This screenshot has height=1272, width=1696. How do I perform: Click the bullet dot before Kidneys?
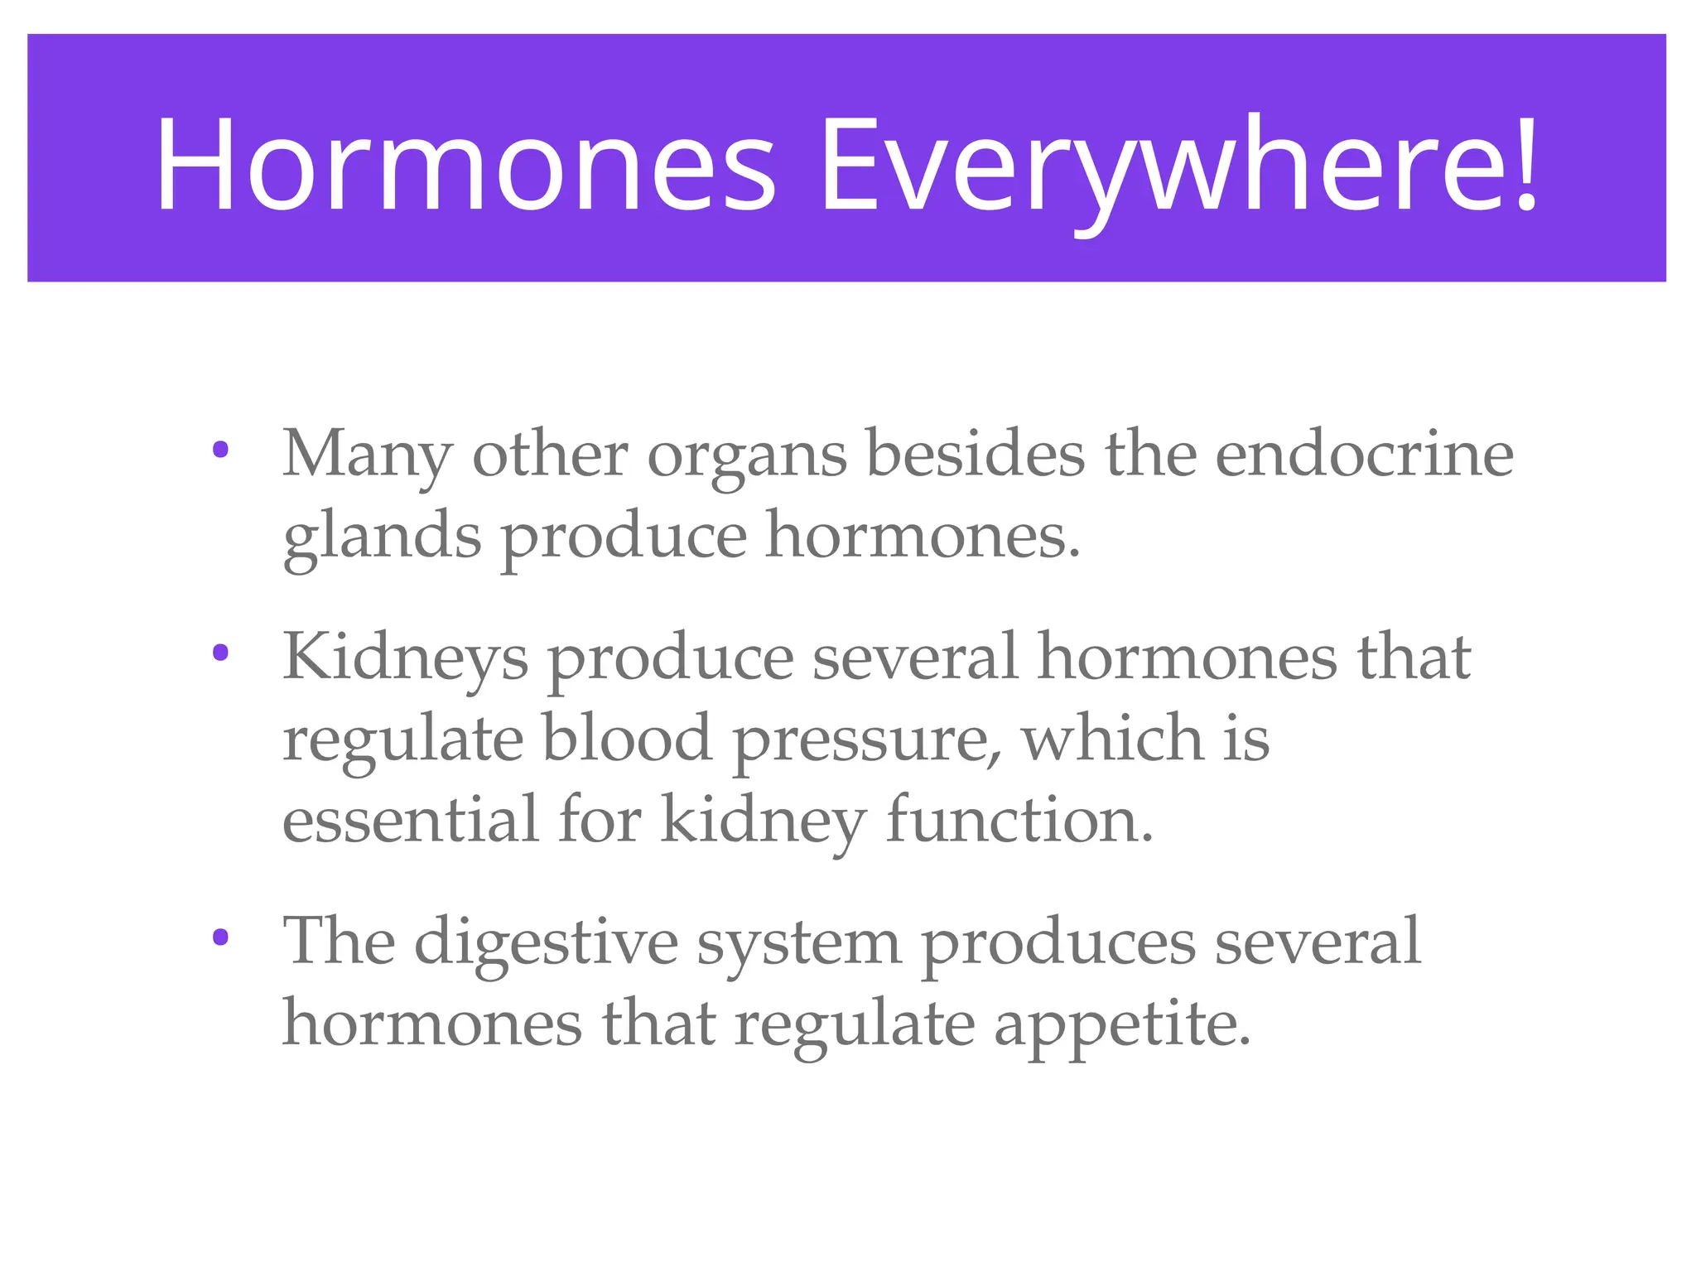220,653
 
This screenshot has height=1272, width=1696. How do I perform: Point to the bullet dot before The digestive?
220,937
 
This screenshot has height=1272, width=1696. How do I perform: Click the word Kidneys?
405,658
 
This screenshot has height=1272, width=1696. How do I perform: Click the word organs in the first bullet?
747,458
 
